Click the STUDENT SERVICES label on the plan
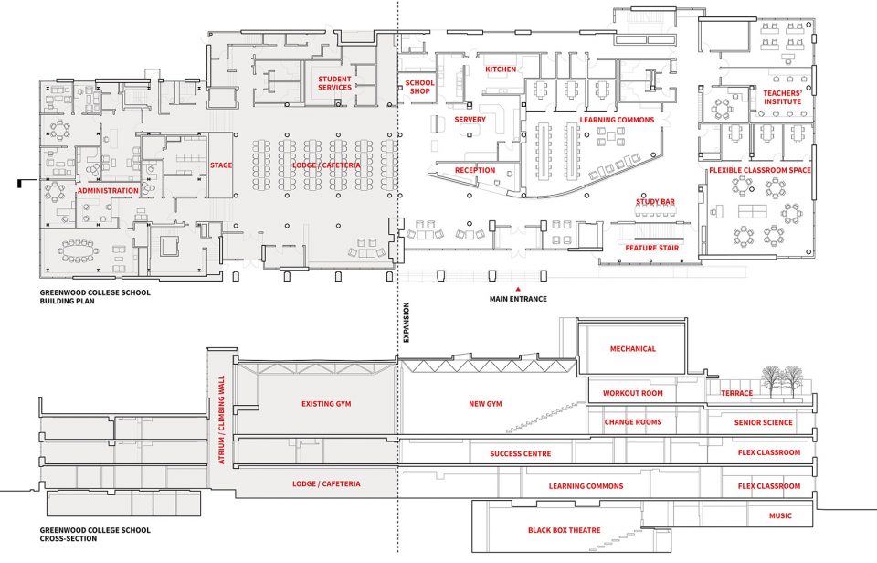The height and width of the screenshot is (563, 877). [335, 83]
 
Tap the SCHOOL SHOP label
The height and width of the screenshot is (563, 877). [419, 87]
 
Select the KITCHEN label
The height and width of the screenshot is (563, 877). [501, 69]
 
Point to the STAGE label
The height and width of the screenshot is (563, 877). [221, 165]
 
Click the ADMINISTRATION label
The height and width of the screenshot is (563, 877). [108, 191]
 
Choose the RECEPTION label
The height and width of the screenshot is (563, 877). [475, 170]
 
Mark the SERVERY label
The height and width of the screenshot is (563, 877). [470, 119]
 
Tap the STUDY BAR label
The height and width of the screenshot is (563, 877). [655, 201]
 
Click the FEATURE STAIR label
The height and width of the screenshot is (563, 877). [652, 248]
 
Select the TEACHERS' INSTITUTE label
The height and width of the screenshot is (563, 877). [783, 98]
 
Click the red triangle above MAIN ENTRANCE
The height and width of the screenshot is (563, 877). [518, 290]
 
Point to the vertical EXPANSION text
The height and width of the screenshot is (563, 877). [407, 323]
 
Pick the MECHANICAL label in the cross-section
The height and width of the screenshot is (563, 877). [632, 348]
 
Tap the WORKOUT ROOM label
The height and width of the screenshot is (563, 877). [632, 393]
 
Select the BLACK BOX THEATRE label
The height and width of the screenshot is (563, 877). [565, 530]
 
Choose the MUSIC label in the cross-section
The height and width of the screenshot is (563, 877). [780, 515]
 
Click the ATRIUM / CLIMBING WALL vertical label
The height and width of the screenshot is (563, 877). [221, 420]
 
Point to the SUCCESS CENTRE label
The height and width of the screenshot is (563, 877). [520, 453]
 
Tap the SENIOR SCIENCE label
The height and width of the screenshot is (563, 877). [764, 422]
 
